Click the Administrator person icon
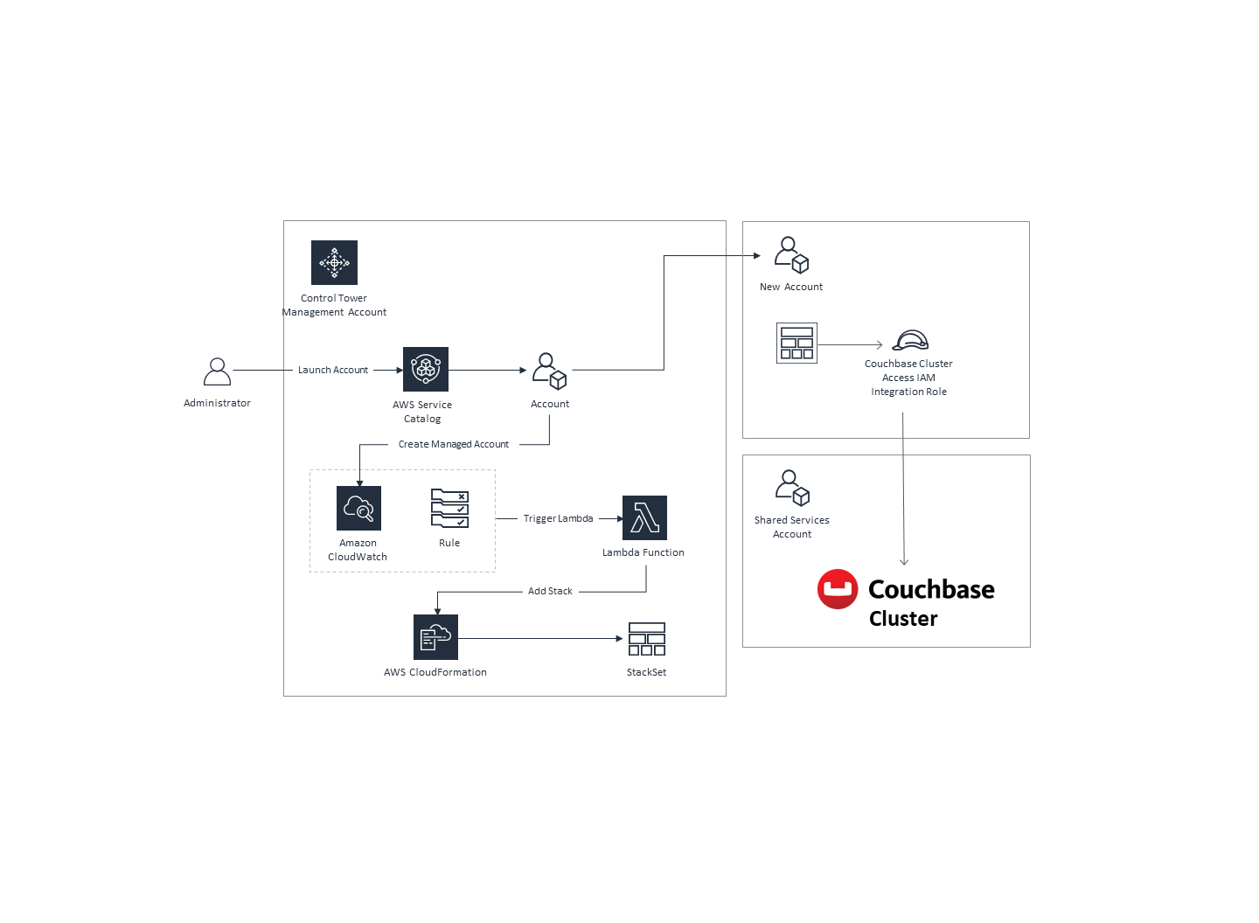(217, 371)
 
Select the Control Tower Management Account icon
(334, 262)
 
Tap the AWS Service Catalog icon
(426, 370)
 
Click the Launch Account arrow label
(332, 371)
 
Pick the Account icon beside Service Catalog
(550, 371)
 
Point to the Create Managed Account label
(453, 445)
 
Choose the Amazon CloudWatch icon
(358, 509)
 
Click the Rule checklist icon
(449, 509)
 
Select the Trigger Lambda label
(558, 519)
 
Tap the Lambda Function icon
(644, 518)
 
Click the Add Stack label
(550, 592)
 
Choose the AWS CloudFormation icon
(435, 637)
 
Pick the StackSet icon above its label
(647, 639)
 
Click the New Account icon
(791, 254)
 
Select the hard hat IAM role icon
(910, 341)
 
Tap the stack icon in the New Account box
(796, 344)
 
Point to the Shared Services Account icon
(792, 488)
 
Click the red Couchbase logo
(838, 590)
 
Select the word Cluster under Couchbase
(903, 619)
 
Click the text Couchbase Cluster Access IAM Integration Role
(908, 378)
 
